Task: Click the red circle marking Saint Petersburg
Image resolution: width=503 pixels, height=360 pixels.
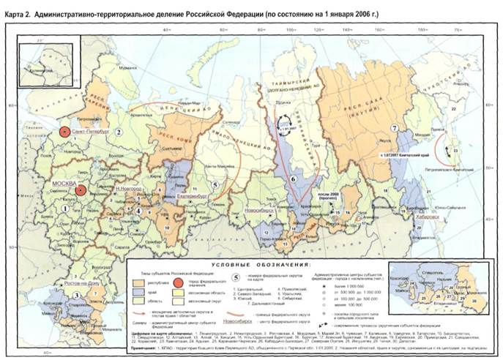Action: pos(65,132)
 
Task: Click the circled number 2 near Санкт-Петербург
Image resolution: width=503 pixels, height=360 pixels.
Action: pos(117,132)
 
